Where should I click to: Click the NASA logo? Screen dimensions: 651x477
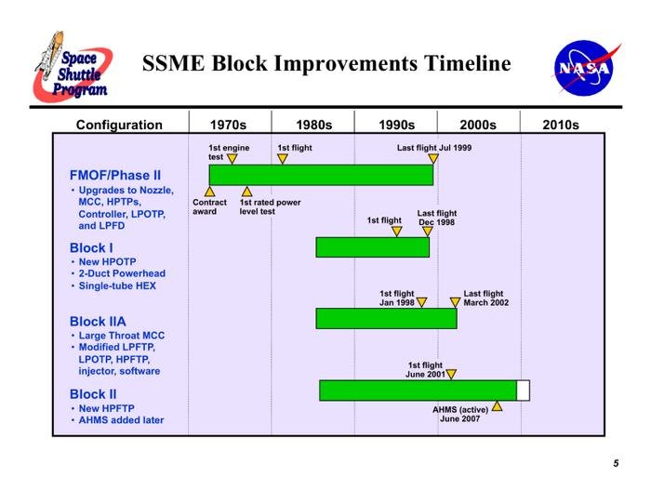click(x=585, y=68)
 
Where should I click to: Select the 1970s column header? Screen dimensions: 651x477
click(x=228, y=125)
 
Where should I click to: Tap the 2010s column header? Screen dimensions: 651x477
click(x=561, y=125)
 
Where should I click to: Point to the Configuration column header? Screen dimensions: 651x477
click(x=119, y=125)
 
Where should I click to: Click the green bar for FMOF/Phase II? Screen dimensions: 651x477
click(x=321, y=175)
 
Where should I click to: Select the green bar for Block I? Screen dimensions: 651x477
click(x=372, y=247)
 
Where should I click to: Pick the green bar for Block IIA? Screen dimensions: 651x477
click(x=387, y=318)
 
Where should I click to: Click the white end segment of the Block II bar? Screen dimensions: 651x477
click(x=523, y=391)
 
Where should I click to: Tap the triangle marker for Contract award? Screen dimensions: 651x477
click(x=209, y=192)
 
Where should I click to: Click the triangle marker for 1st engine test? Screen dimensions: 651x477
click(x=232, y=159)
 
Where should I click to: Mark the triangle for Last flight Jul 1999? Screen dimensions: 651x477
click(x=433, y=159)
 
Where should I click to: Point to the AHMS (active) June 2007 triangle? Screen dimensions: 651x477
click(x=497, y=406)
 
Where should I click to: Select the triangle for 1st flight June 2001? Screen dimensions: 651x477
click(x=451, y=374)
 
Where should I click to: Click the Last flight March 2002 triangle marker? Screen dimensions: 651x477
click(x=455, y=302)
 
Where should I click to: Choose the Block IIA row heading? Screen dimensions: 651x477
click(x=98, y=322)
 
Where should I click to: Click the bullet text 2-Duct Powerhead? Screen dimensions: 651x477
click(x=122, y=273)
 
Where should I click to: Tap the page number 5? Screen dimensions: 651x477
click(x=616, y=463)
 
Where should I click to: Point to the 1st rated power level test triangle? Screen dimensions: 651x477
click(x=246, y=192)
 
